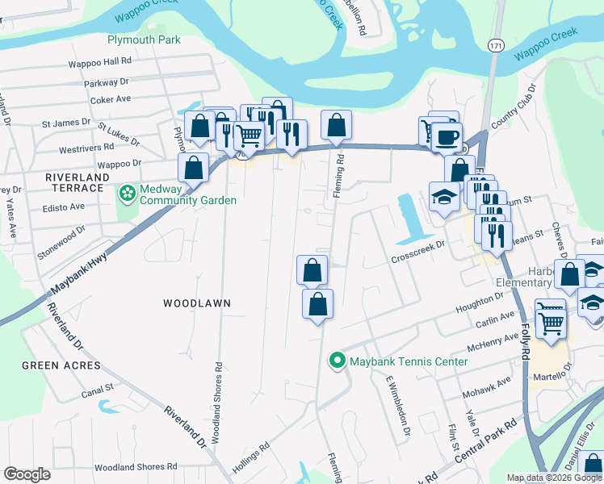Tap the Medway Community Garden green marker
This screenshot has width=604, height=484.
[127, 194]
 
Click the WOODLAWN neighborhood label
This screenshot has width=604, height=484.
[197, 303]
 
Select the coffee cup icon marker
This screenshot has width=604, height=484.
[446, 137]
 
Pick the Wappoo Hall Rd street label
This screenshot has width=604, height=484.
[100, 61]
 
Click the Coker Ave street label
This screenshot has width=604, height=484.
[111, 99]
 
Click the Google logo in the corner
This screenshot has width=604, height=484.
[27, 474]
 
